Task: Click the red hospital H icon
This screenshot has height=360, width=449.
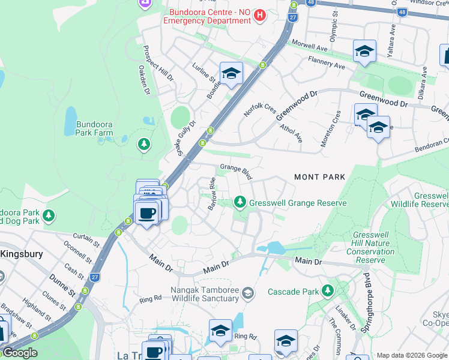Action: (260, 15)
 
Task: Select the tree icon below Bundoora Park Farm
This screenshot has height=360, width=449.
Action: (143, 144)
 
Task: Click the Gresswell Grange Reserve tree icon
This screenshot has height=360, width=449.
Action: (240, 202)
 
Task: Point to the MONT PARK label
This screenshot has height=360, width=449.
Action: (320, 177)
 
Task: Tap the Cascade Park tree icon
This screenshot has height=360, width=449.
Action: (327, 291)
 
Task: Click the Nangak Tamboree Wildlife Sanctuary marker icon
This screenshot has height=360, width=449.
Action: (247, 293)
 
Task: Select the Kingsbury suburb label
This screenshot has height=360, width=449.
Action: (22, 254)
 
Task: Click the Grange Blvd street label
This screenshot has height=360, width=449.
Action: (236, 171)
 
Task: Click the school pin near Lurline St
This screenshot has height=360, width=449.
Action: (231, 74)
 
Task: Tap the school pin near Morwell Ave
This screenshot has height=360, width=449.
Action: (364, 52)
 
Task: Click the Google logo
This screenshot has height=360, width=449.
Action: (20, 353)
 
